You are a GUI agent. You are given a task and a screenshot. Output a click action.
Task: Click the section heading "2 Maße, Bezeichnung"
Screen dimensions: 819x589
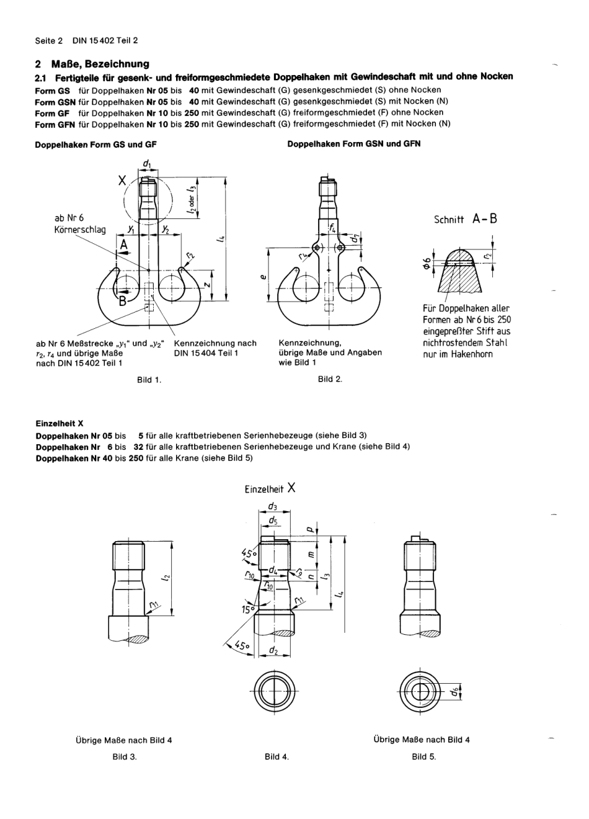coord(92,64)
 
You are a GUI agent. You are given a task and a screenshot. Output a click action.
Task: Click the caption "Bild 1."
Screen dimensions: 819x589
coord(149,380)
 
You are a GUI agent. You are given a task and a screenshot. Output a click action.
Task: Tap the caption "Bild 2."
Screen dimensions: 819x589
coord(330,379)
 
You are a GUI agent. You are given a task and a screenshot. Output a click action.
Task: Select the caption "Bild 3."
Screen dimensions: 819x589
coord(125,756)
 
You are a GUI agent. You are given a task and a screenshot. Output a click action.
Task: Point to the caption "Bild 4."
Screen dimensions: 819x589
coord(277,756)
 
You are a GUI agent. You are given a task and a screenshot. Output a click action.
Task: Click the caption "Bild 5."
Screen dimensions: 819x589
coord(424,756)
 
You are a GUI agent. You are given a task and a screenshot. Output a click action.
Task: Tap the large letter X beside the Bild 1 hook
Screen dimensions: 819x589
coord(123,181)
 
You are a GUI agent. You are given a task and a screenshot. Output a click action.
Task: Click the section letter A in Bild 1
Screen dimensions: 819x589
coord(123,246)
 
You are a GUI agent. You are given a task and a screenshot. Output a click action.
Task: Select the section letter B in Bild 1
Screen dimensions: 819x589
coord(123,302)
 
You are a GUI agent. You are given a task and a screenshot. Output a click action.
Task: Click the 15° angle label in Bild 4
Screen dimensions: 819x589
coord(249,609)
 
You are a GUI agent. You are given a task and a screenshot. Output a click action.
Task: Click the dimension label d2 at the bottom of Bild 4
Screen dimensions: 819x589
coord(273,650)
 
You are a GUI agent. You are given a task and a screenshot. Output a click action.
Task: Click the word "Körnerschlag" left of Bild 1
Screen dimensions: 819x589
coord(80,230)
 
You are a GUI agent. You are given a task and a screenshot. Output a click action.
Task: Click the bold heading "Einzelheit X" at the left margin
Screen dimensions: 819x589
coord(60,424)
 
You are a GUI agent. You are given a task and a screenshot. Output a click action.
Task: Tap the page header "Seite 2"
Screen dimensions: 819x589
coord(49,40)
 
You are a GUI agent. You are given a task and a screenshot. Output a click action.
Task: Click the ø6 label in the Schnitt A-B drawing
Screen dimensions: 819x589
coord(426,259)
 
